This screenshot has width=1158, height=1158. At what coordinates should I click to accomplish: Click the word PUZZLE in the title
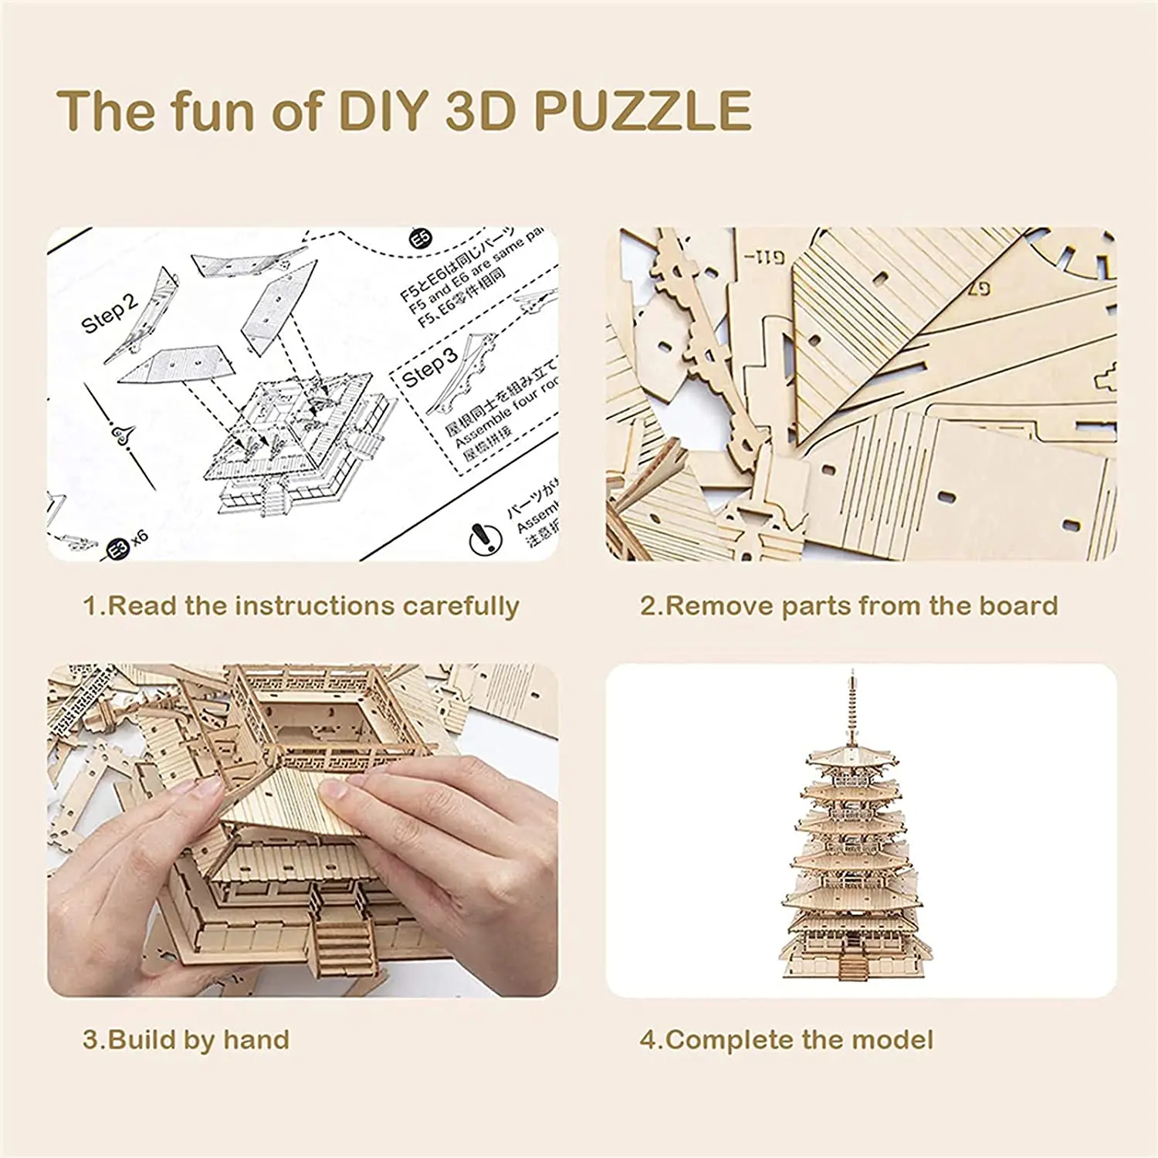642,110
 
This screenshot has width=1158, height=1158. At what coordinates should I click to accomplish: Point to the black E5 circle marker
421,239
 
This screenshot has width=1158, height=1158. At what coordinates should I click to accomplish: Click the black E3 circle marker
117,549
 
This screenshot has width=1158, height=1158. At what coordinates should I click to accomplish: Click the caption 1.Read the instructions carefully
300,606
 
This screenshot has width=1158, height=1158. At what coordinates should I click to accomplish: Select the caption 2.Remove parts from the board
848,606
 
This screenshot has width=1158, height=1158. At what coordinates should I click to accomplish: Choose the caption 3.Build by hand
186,1040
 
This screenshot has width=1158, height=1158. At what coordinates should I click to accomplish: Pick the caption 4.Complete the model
786,1040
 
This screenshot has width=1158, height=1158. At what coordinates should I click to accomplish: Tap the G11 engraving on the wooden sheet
764,257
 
